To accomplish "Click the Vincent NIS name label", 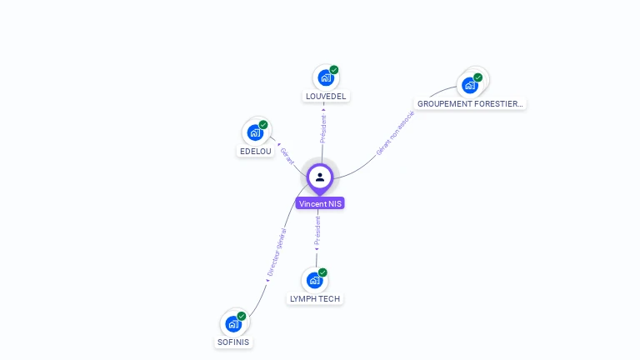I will click(x=320, y=203).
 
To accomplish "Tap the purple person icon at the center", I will click(x=320, y=177).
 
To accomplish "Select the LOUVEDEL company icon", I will click(x=325, y=77).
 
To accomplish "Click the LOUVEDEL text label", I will click(x=326, y=97).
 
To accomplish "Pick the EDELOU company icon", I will click(x=255, y=132).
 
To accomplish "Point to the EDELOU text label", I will click(x=256, y=152).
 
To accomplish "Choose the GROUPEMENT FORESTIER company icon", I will click(x=470, y=84).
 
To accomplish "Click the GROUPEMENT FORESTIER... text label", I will click(x=471, y=104).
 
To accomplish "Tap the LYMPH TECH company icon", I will click(x=314, y=280).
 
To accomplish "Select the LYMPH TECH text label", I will click(x=315, y=298).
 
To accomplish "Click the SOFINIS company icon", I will click(x=233, y=323).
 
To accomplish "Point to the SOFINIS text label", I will click(x=233, y=342).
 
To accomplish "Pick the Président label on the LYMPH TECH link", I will click(x=317, y=230).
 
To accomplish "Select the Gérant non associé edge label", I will click(x=395, y=134).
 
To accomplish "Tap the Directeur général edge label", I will click(x=276, y=252).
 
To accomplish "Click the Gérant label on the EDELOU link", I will click(x=287, y=156).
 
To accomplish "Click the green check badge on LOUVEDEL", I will click(x=334, y=70).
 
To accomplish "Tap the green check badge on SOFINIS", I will click(x=242, y=316).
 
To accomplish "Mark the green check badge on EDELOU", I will click(x=263, y=125).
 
